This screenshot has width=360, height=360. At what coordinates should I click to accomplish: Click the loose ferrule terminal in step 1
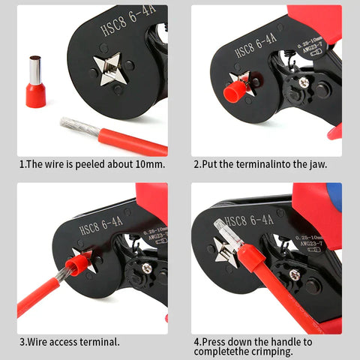tap(35, 82)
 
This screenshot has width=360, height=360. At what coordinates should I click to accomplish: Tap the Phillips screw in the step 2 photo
tap(304, 82)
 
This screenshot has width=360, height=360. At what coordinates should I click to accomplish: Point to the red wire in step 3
tap(37, 296)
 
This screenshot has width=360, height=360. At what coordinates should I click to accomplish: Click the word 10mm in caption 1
tap(148, 163)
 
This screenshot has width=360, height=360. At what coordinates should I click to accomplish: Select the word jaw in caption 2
tap(316, 163)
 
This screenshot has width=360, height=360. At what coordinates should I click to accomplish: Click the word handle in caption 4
tap(282, 341)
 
